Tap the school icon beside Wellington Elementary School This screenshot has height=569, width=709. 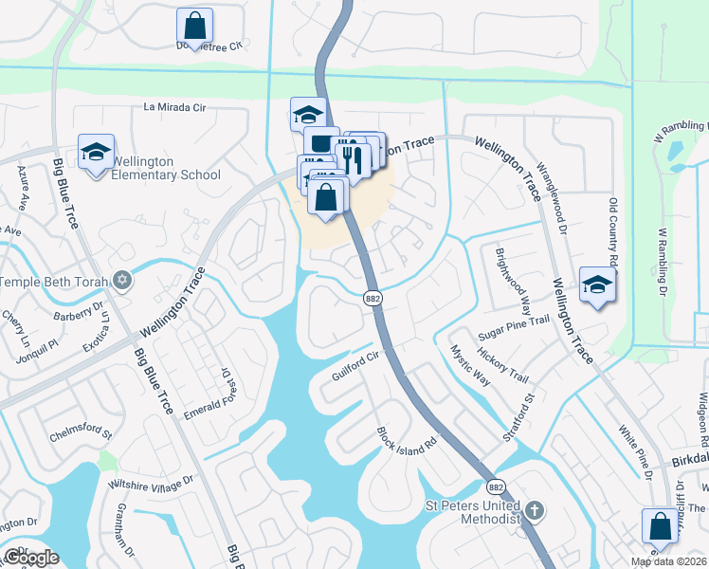[96, 153]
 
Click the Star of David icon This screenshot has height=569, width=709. [120, 281]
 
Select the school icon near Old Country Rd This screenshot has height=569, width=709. [597, 284]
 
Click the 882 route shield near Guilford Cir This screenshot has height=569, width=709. [373, 298]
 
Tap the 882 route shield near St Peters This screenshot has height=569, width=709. [496, 486]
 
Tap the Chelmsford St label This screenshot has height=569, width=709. [81, 436]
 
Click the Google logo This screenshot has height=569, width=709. [31, 558]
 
